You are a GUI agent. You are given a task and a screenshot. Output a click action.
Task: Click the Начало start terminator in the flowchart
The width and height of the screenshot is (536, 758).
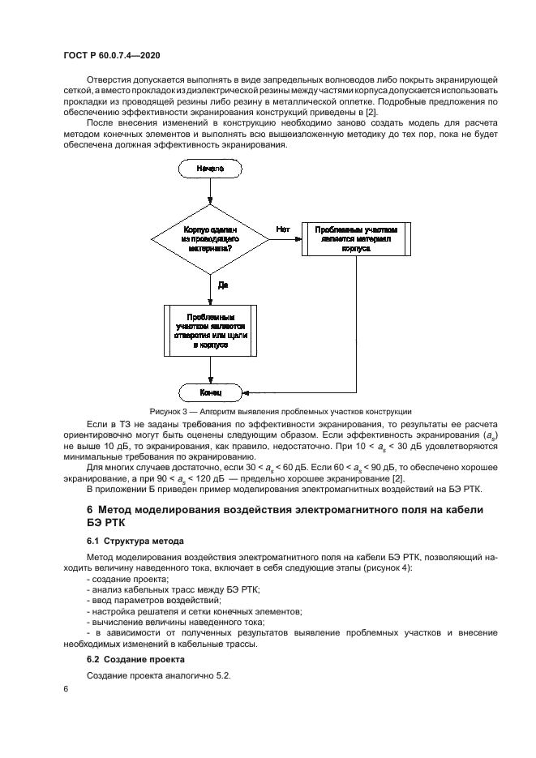pyautogui.click(x=210, y=169)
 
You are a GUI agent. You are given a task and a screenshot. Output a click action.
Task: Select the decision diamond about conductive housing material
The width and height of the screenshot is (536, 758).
pyautogui.click(x=210, y=240)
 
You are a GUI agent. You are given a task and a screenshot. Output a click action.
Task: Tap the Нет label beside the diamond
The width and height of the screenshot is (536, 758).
pyautogui.click(x=282, y=229)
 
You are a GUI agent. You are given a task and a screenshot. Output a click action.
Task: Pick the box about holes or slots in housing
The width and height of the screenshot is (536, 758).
pyautogui.click(x=210, y=330)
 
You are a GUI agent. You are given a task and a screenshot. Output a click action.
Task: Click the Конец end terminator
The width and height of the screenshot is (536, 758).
pyautogui.click(x=210, y=393)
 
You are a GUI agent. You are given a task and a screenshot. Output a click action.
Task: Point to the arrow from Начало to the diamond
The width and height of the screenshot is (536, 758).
pyautogui.click(x=210, y=192)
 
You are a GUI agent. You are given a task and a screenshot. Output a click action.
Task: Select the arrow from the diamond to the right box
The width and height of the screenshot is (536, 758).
pyautogui.click(x=285, y=240)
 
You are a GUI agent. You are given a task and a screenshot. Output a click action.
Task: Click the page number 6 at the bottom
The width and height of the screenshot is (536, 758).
pyautogui.click(x=65, y=689)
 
